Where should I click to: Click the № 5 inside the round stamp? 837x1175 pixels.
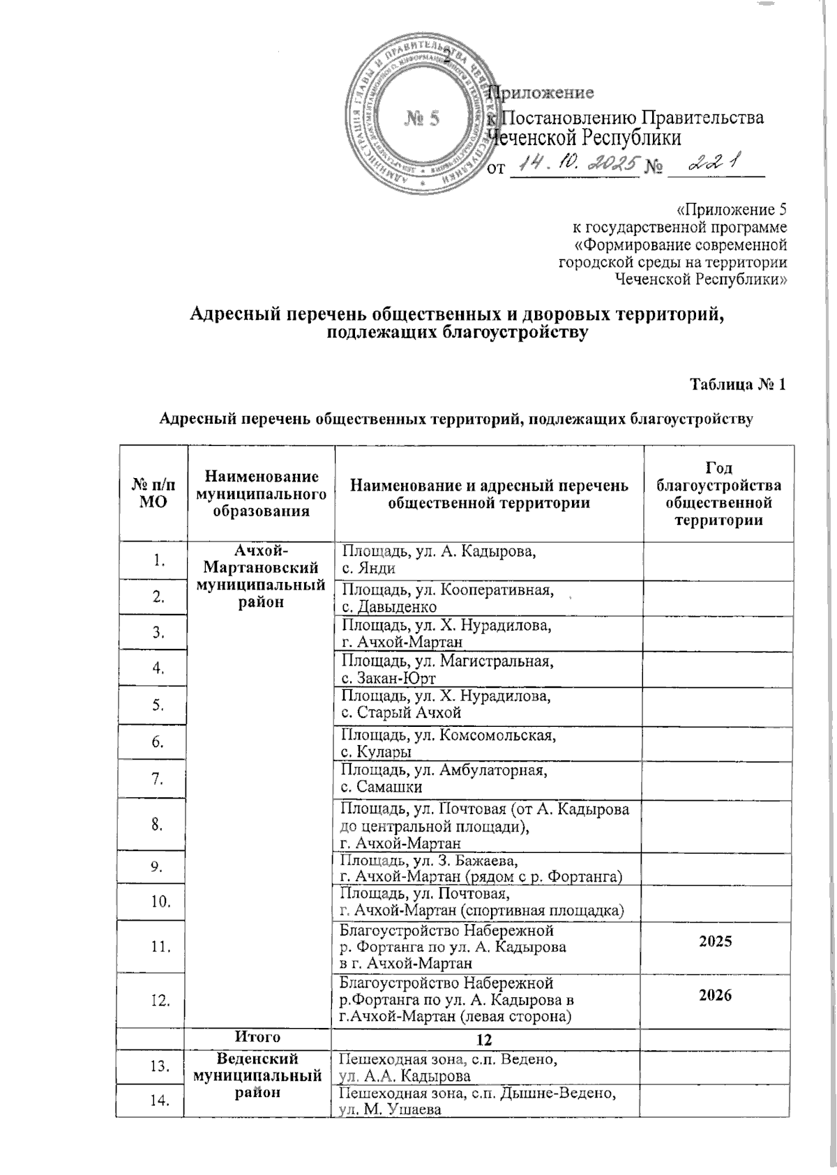tap(423, 118)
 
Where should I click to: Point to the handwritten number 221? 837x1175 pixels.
tap(713, 163)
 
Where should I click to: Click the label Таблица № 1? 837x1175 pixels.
tap(739, 385)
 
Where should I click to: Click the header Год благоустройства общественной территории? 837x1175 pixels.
tap(718, 493)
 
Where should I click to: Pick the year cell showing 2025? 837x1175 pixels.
tap(718, 942)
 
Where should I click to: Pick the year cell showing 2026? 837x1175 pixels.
tap(718, 994)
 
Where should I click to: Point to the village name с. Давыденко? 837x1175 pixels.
tap(388, 606)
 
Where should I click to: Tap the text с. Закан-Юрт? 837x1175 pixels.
tap(388, 678)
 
